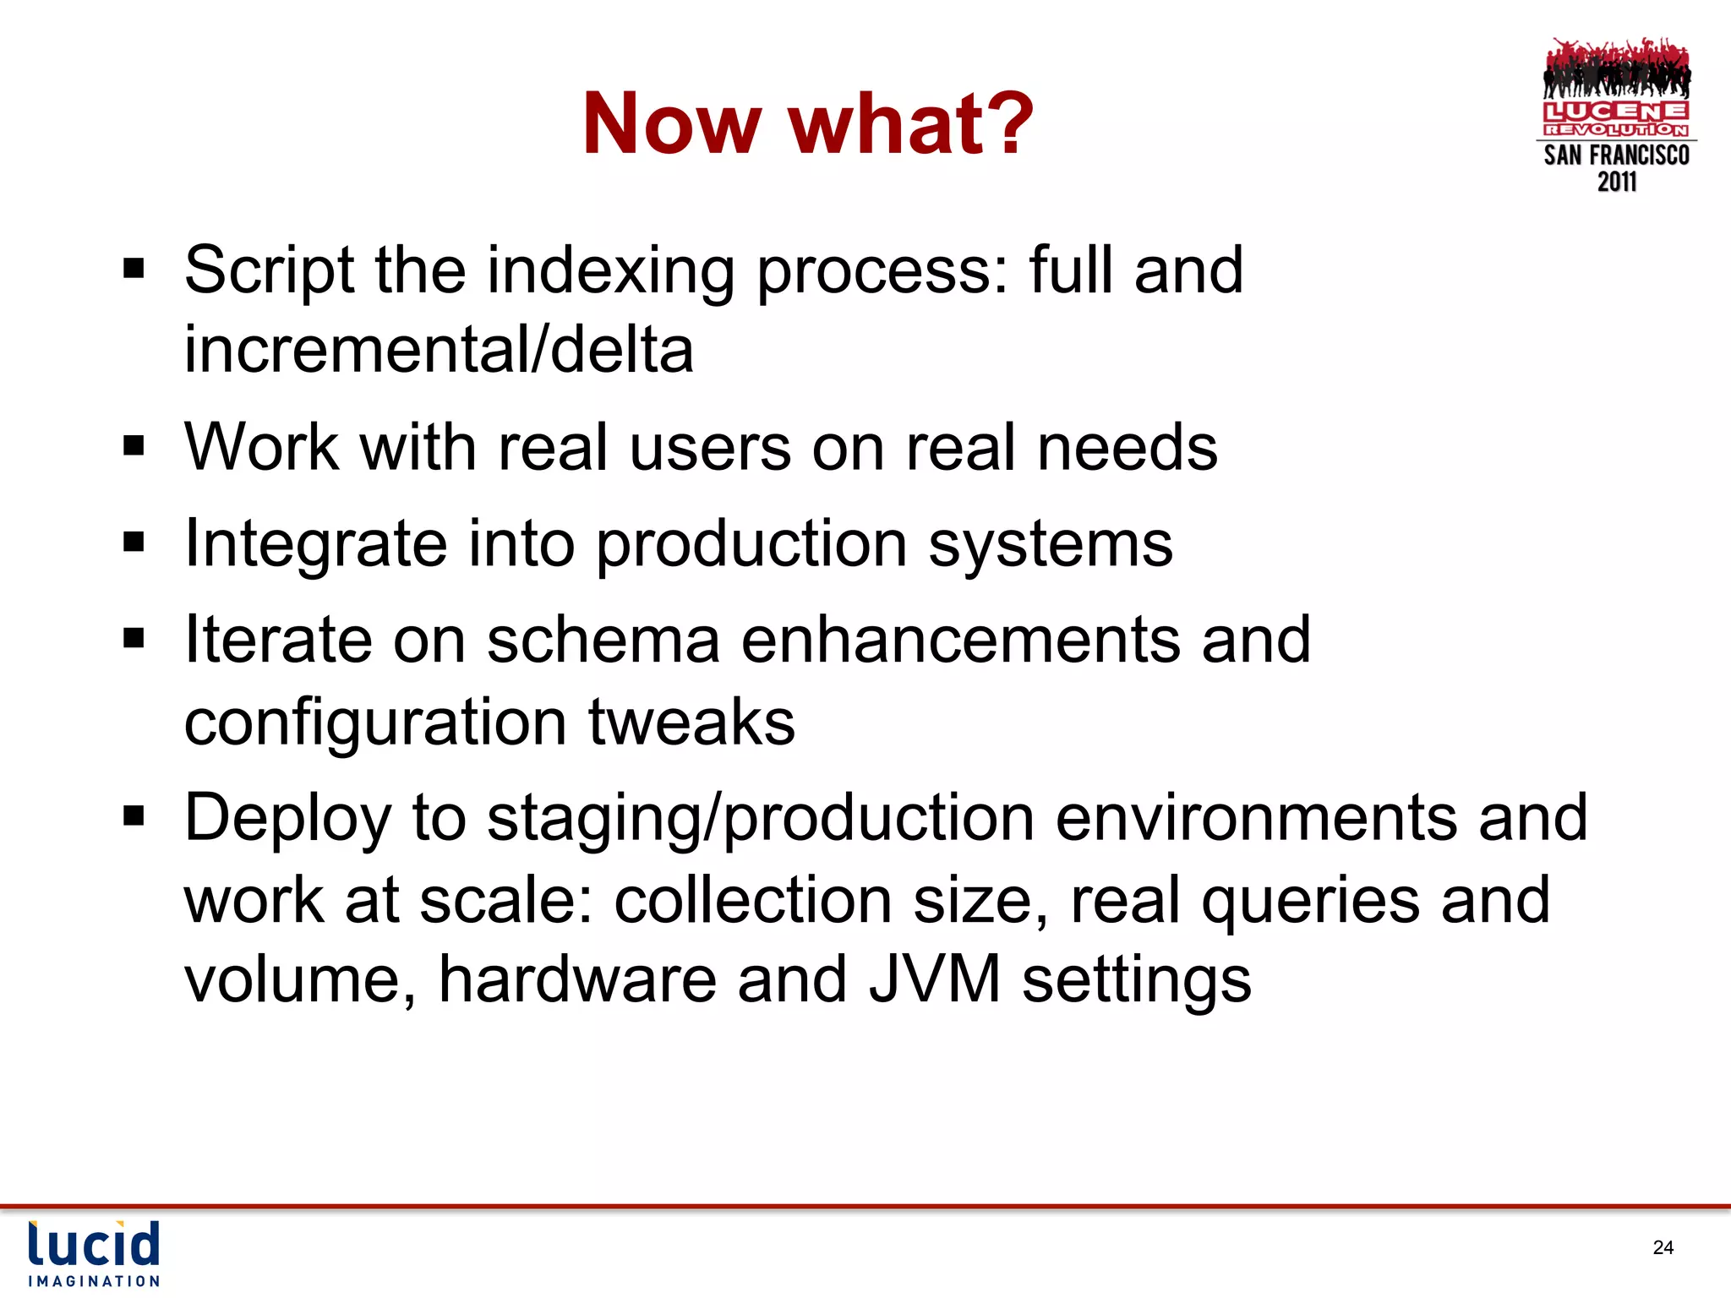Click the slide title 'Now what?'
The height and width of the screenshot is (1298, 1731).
[807, 124]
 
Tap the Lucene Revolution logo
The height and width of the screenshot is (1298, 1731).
[1616, 115]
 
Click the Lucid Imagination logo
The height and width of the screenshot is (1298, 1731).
[94, 1253]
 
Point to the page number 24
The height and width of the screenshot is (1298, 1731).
[1663, 1248]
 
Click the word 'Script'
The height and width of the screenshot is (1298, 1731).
[269, 270]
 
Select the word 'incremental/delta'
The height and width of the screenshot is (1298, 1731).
[439, 350]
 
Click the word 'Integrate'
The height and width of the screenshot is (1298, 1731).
[315, 543]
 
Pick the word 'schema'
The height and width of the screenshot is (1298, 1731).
[603, 640]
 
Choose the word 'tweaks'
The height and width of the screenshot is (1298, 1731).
[691, 723]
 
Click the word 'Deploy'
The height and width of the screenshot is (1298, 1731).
[287, 818]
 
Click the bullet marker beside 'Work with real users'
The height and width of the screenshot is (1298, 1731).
[134, 445]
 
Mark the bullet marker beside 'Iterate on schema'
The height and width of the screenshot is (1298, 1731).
[134, 637]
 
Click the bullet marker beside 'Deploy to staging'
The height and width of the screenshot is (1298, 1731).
[134, 816]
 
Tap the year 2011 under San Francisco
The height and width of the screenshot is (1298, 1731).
[1616, 182]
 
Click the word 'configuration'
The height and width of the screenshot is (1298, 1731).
[375, 723]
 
